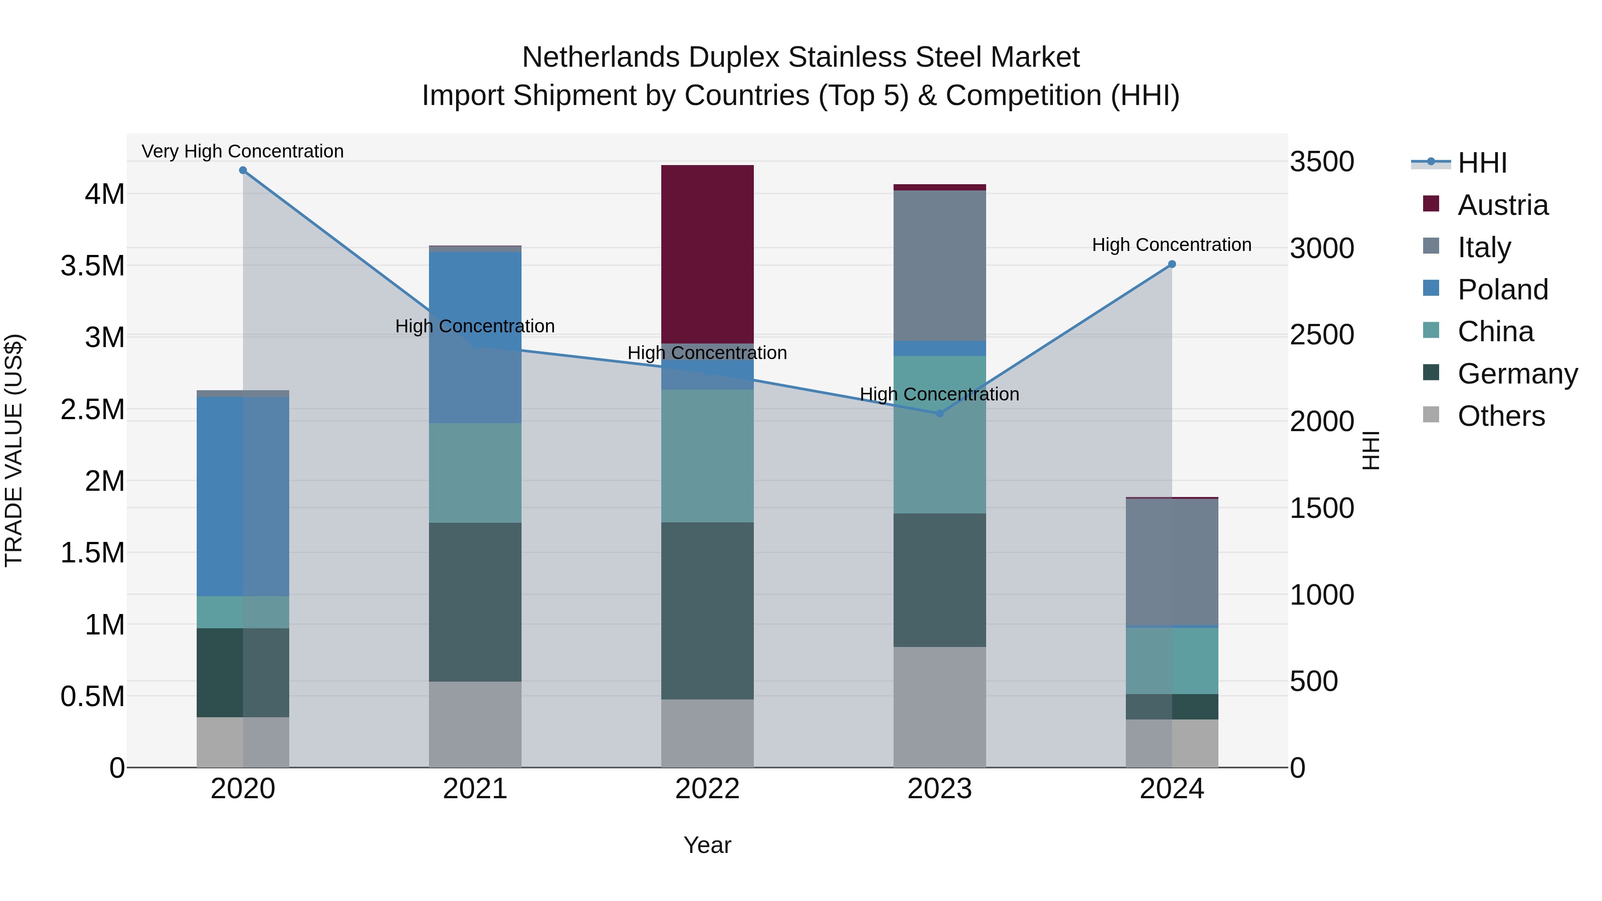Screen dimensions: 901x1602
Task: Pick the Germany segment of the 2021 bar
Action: (475, 602)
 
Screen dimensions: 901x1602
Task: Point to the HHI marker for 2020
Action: (243, 170)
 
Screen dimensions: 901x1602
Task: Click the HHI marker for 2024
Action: (1172, 264)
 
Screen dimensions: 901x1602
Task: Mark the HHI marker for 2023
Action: (940, 413)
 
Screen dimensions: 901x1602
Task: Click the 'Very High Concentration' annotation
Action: (243, 152)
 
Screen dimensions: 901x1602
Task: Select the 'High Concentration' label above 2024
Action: (1172, 245)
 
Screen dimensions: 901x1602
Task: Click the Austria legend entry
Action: (1502, 205)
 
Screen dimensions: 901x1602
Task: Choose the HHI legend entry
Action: (1481, 163)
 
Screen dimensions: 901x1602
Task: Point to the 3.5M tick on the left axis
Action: (92, 266)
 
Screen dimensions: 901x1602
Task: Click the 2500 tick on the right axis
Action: (1322, 335)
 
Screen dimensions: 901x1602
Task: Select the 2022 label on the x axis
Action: (707, 789)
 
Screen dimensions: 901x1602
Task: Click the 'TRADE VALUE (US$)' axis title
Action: (14, 450)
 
